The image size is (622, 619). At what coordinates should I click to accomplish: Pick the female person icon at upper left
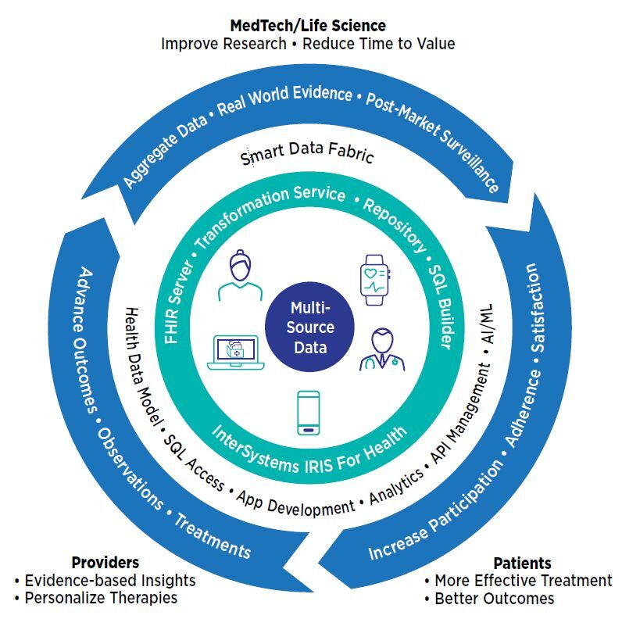pyautogui.click(x=240, y=276)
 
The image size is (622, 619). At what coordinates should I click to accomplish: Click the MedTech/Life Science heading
pyautogui.click(x=308, y=27)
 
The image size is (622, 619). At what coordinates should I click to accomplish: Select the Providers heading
pyautogui.click(x=105, y=562)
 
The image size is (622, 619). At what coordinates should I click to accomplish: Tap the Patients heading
pyautogui.click(x=522, y=563)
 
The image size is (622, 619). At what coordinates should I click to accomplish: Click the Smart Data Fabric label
pyautogui.click(x=307, y=155)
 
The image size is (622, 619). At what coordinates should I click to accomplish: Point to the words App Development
pyautogui.click(x=295, y=505)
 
